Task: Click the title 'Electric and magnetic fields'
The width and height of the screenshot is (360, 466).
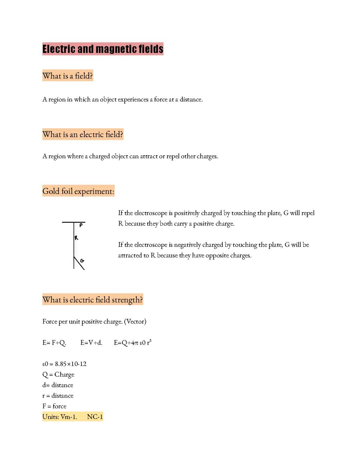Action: click(x=103, y=49)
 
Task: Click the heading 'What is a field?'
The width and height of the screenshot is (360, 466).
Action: click(x=68, y=76)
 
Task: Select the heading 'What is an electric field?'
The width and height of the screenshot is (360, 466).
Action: click(x=83, y=134)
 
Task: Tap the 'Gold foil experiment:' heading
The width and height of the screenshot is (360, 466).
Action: click(x=78, y=191)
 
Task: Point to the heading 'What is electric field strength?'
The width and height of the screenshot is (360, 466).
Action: click(x=93, y=300)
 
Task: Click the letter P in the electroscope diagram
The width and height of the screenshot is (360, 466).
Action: click(x=81, y=226)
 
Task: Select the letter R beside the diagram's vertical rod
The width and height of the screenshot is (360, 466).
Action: click(x=76, y=238)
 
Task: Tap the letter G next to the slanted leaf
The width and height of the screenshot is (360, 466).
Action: click(x=82, y=261)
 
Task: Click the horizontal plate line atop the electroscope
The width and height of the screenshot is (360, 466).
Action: click(x=73, y=222)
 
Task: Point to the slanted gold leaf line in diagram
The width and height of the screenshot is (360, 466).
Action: click(x=79, y=264)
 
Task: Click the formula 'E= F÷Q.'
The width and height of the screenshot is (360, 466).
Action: click(x=54, y=343)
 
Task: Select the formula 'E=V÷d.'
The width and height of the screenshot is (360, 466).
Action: click(x=91, y=343)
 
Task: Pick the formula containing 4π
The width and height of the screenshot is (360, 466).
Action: click(x=133, y=343)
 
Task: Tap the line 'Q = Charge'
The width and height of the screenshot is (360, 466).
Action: click(x=58, y=375)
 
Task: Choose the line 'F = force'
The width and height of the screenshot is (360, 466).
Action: click(x=54, y=406)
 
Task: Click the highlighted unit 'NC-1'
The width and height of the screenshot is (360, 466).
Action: click(x=95, y=417)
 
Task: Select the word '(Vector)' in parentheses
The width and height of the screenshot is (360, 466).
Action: click(x=135, y=322)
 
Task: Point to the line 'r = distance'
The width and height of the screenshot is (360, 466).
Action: click(x=58, y=396)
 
